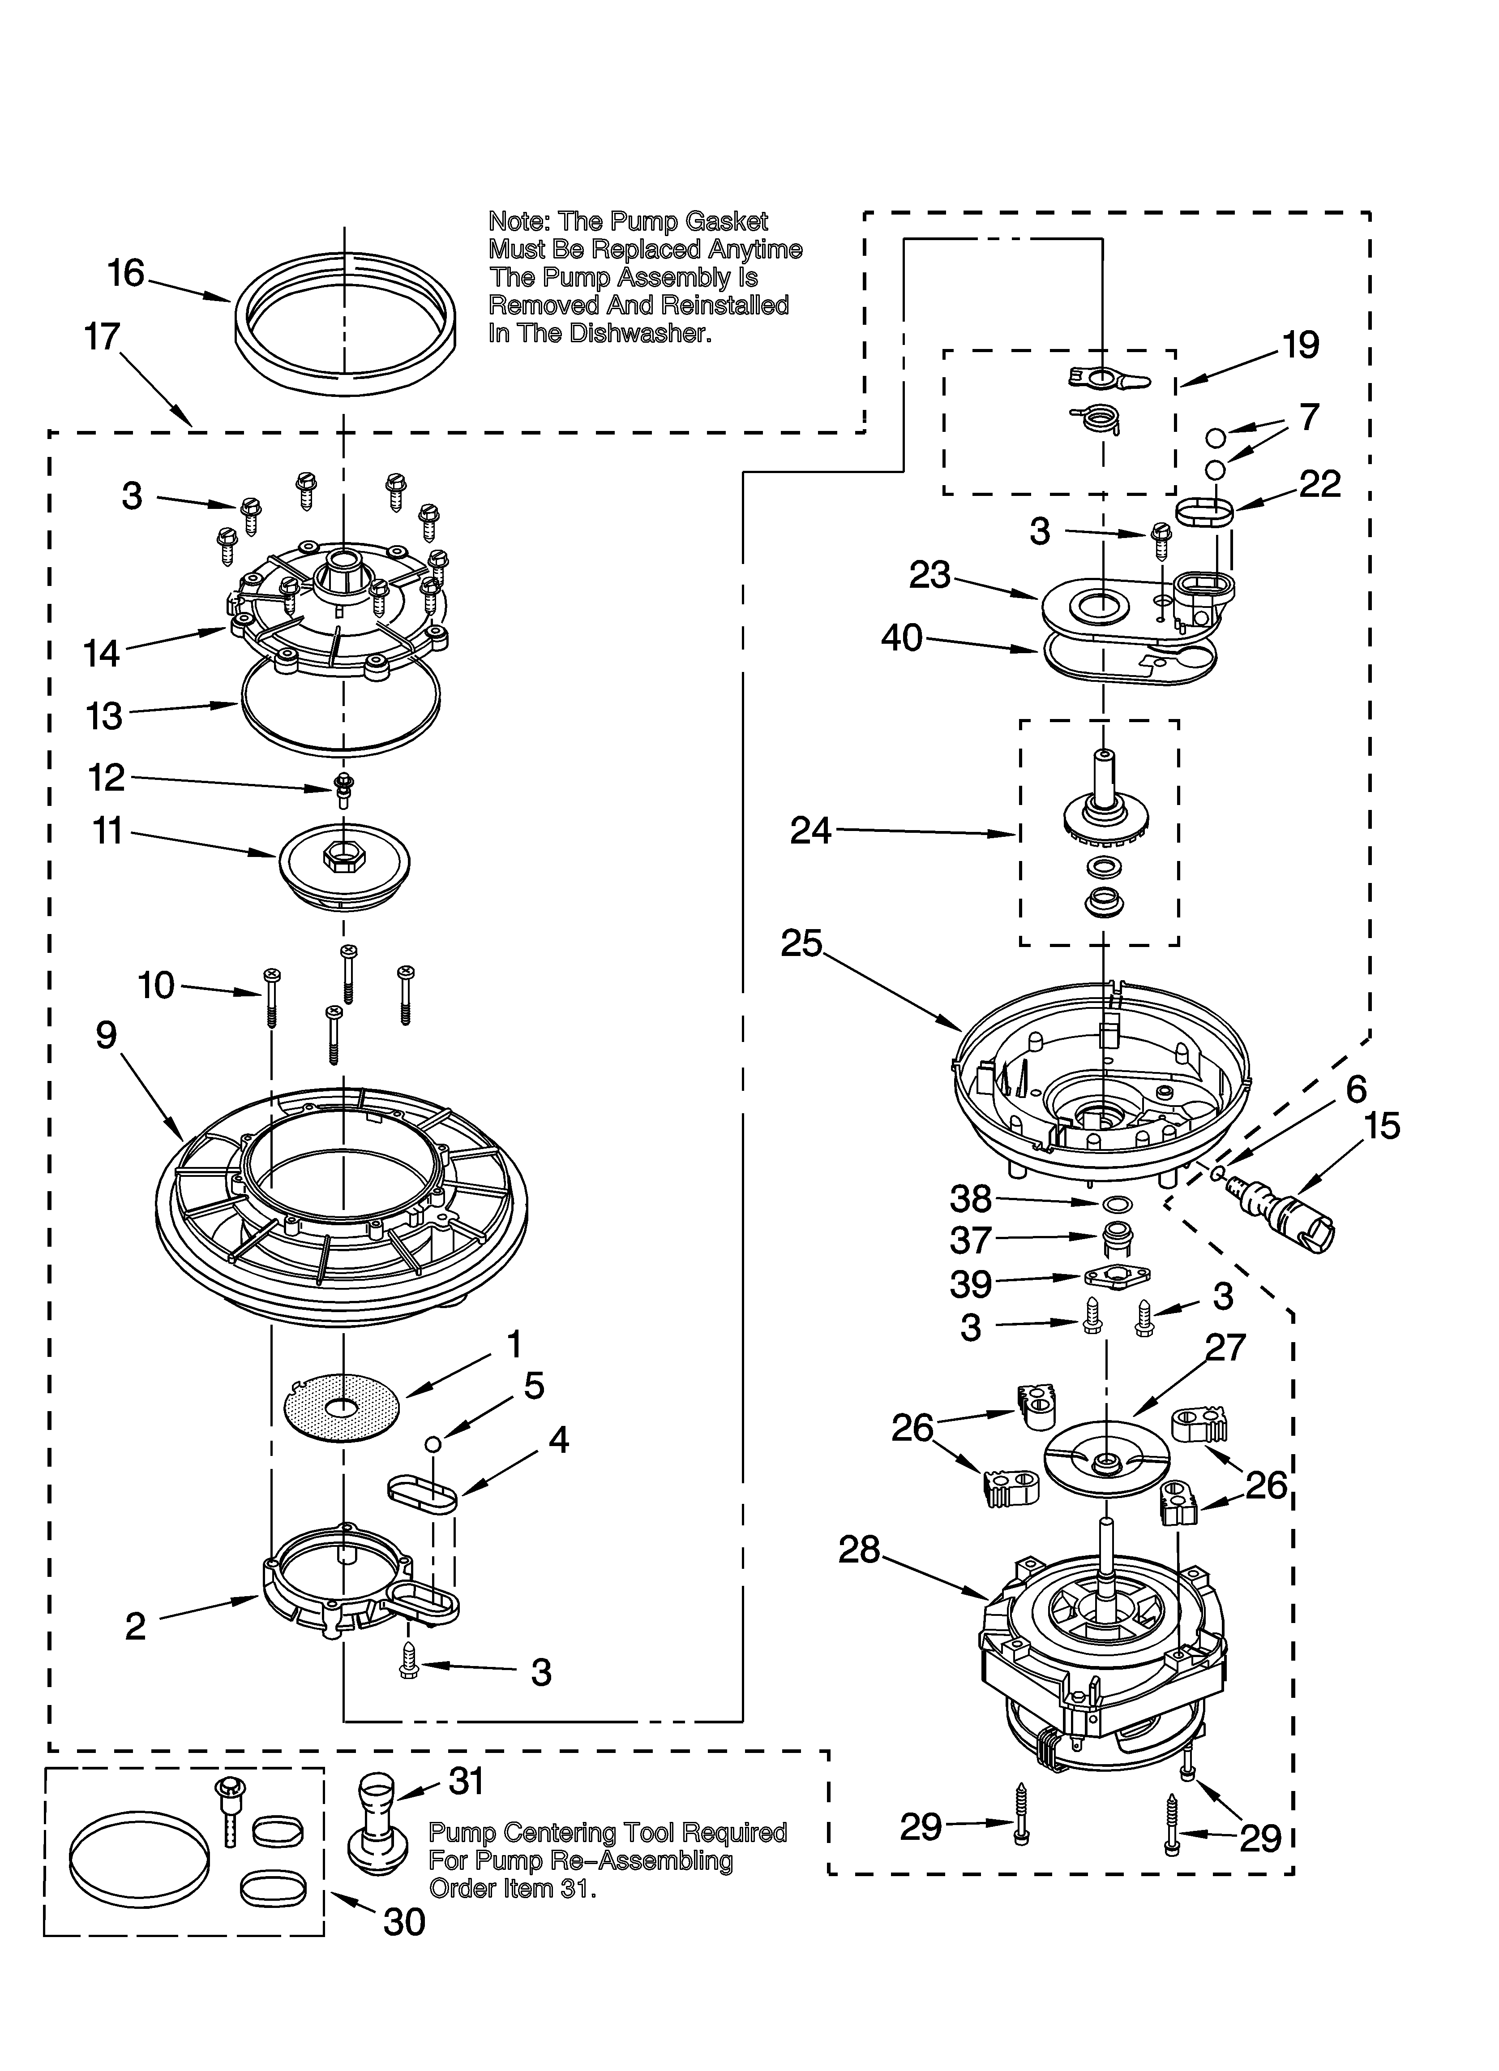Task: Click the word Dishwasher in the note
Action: pos(640,333)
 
